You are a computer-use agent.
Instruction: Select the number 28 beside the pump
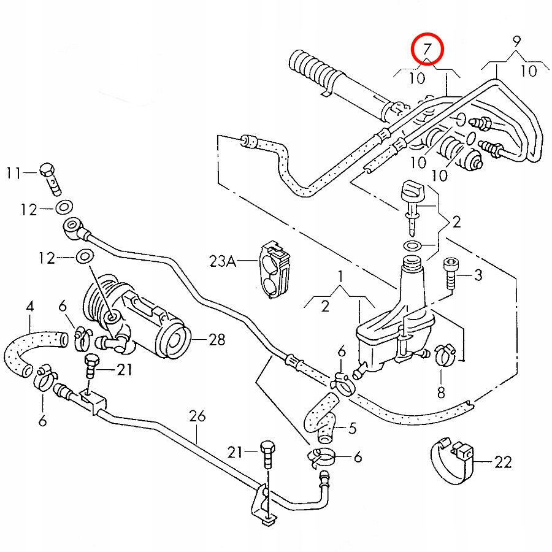217,339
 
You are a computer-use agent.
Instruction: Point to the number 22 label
502,462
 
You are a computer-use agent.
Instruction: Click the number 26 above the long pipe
196,416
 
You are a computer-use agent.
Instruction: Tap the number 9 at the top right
516,43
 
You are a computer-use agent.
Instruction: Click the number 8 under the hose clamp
440,392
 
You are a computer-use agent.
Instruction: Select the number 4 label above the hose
29,305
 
